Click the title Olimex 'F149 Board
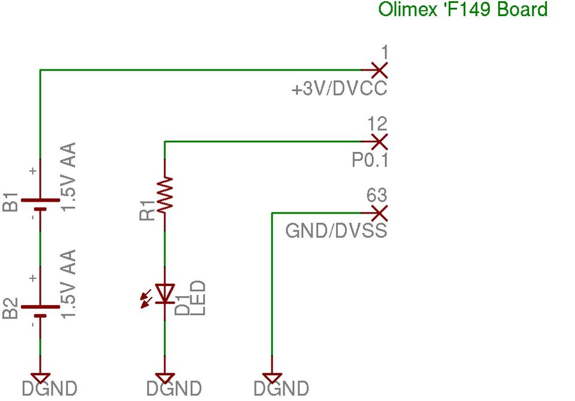[463, 10]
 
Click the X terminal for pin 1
[379, 70]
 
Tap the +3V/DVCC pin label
[339, 90]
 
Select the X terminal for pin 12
[379, 142]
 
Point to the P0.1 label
[369, 161]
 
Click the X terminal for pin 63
[379, 212]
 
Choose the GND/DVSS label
[336, 232]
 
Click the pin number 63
[377, 196]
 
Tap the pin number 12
[377, 125]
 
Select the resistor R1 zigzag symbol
[164, 194]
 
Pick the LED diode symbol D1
[164, 293]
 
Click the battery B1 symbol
[40, 204]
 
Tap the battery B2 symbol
[40, 311]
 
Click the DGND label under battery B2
[50, 389]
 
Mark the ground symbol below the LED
[164, 378]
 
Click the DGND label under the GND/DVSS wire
[281, 389]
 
